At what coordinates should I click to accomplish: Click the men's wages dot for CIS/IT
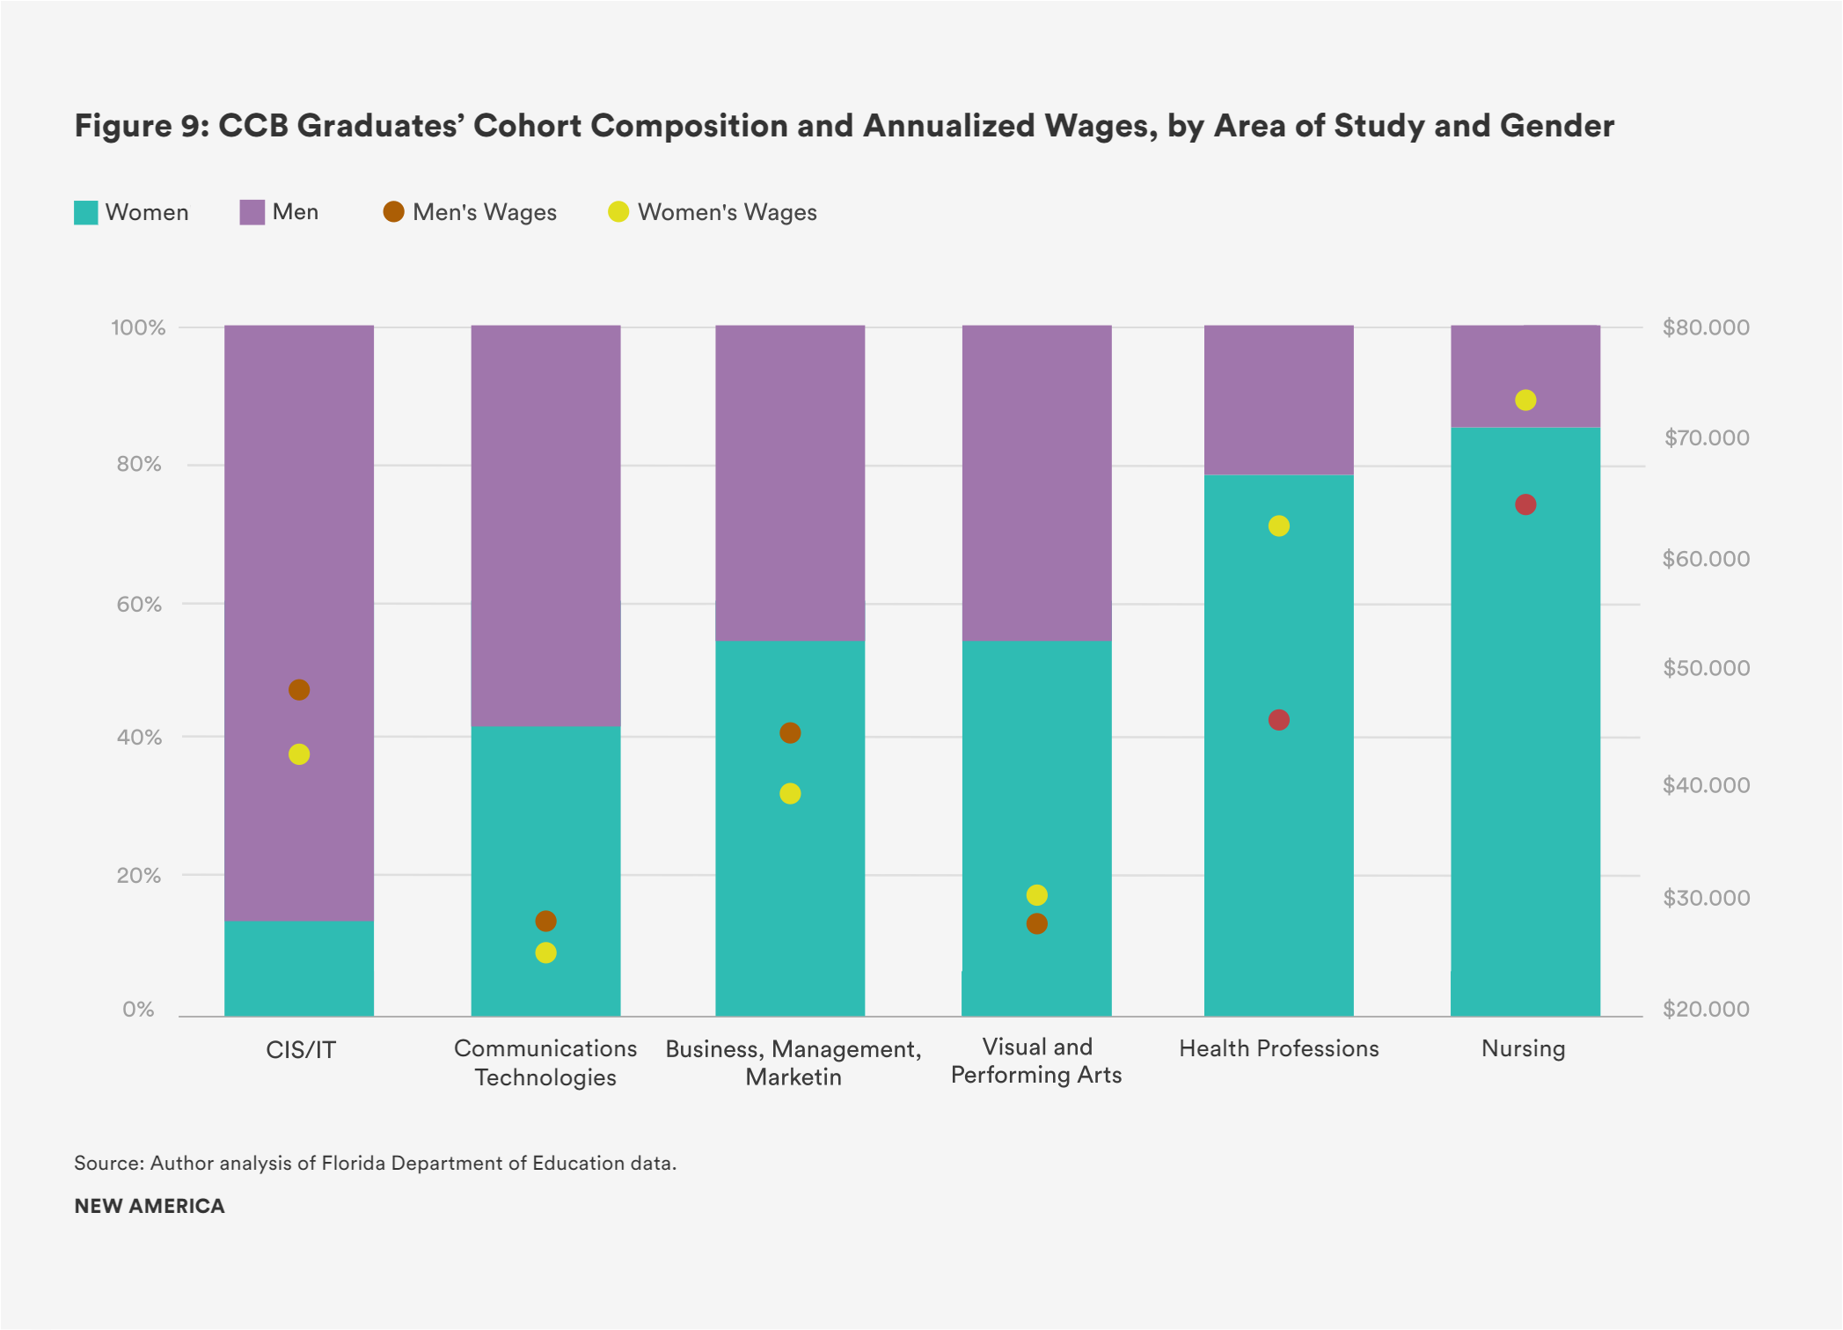(x=299, y=690)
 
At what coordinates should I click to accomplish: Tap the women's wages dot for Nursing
(x=1525, y=400)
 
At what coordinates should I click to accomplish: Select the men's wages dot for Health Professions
(x=1279, y=720)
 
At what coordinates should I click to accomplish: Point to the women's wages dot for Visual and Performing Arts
(x=1037, y=895)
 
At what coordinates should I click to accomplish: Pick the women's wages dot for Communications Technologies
(x=545, y=952)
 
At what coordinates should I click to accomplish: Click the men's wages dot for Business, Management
(x=790, y=733)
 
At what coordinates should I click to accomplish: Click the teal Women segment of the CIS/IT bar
(x=299, y=968)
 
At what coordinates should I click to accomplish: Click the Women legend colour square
(x=85, y=213)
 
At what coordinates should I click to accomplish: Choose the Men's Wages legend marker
(x=393, y=212)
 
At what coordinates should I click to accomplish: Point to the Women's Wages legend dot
(x=618, y=212)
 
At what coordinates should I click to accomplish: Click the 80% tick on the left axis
(x=139, y=465)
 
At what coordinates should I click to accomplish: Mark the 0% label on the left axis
(x=138, y=1010)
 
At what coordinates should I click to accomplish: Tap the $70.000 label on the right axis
(x=1706, y=438)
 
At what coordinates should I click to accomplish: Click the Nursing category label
(x=1523, y=1048)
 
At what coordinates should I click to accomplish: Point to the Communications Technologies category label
(x=545, y=1062)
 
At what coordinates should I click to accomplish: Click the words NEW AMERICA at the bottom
(x=150, y=1206)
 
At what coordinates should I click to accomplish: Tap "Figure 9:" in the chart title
(x=141, y=126)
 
